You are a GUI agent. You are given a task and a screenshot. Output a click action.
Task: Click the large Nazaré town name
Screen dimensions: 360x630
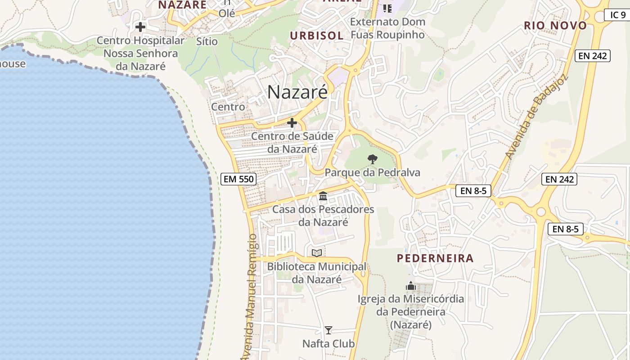point(297,92)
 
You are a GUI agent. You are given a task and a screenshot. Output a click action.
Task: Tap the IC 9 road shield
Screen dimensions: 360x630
point(617,15)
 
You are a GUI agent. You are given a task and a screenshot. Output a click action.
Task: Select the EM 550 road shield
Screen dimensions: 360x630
point(239,179)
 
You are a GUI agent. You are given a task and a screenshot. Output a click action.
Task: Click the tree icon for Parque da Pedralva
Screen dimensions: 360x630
point(372,159)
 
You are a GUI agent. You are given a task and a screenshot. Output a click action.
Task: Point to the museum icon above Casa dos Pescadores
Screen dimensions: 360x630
point(323,196)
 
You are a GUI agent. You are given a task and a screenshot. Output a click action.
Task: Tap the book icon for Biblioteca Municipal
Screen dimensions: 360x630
point(317,253)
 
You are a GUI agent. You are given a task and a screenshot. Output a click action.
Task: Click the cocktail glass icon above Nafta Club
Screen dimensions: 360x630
point(328,330)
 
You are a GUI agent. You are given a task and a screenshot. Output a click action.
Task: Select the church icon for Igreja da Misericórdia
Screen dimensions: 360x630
point(410,286)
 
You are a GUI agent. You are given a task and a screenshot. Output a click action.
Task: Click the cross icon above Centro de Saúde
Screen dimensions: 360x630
point(292,122)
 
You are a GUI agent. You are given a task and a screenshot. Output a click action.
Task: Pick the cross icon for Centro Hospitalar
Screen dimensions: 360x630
point(140,27)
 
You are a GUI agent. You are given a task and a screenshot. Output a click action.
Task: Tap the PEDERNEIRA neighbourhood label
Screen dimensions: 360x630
point(435,258)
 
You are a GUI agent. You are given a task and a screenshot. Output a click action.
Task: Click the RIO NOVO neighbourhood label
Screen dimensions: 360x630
point(555,26)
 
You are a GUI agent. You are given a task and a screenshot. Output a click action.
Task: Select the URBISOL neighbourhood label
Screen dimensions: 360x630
point(317,36)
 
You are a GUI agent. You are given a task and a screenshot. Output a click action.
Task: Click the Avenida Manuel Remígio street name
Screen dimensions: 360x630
point(252,297)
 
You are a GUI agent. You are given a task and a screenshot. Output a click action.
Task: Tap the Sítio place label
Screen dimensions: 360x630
point(207,41)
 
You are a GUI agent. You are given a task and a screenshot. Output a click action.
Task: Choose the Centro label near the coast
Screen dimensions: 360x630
point(228,107)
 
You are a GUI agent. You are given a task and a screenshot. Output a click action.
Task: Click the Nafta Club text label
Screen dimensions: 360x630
point(328,344)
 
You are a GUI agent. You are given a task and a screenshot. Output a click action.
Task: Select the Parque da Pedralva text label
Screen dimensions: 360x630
point(372,172)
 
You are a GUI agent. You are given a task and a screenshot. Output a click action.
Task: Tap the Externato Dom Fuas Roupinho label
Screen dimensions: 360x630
point(387,28)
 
